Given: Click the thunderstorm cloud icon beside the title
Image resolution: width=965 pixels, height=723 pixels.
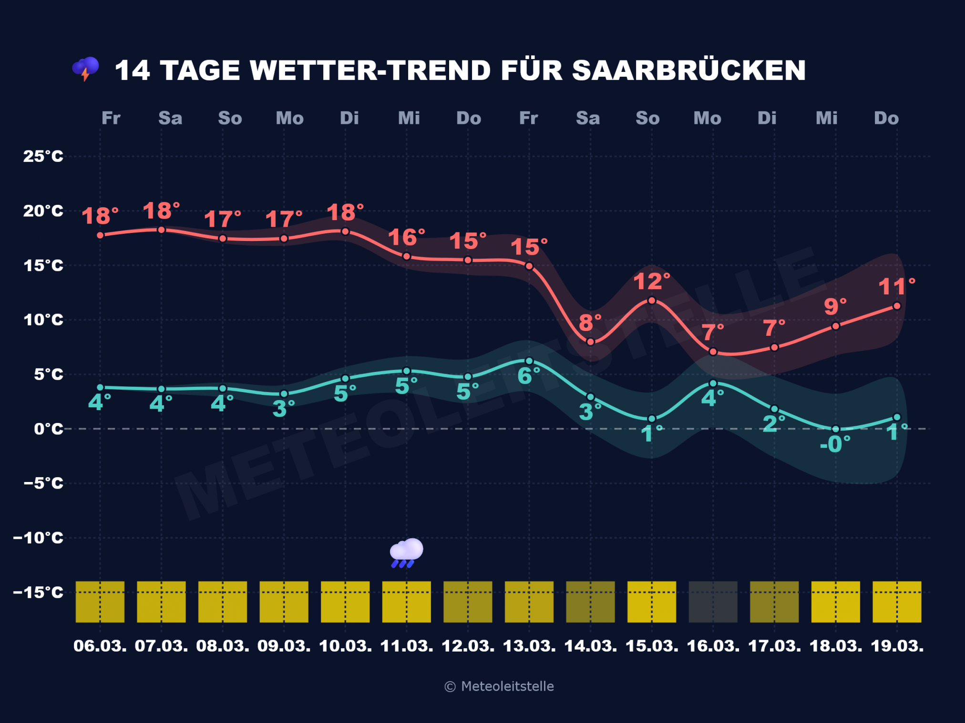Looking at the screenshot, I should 86,69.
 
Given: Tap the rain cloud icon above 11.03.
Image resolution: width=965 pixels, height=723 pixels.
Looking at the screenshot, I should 406,552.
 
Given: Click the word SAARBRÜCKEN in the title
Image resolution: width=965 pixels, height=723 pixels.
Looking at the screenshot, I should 688,70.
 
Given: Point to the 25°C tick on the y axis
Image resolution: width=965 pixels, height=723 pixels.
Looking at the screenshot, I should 43,156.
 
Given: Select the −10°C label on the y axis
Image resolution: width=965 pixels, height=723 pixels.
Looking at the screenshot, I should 38,538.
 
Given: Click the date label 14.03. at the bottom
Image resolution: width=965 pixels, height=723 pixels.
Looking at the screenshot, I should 590,646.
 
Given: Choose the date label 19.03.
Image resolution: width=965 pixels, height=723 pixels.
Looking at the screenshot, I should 897,646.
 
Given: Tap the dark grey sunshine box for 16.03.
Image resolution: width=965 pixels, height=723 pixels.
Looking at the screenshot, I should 713,602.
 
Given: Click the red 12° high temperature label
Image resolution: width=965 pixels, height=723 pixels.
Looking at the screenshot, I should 651,282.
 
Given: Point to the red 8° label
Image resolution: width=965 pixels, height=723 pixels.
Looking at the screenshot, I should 590,323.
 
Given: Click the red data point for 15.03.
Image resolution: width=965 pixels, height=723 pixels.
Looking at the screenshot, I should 652,301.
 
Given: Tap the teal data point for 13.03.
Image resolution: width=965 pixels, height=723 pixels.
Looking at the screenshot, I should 529,361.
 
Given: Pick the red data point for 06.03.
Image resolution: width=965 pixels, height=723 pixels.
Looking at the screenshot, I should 100,235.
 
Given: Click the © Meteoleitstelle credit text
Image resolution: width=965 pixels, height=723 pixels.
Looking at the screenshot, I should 499,686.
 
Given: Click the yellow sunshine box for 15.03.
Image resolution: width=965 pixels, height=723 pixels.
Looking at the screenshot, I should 651,602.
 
